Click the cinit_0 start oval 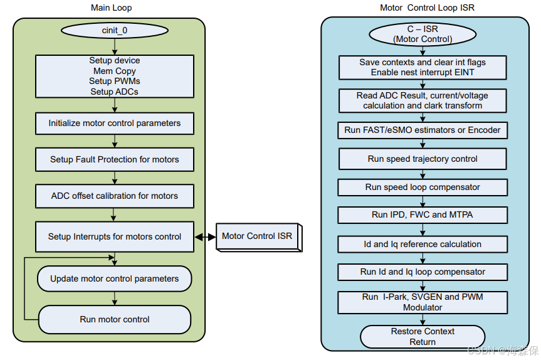coord(114,31)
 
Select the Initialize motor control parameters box coord(114,124)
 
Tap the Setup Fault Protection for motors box coord(114,160)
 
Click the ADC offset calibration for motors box coord(114,196)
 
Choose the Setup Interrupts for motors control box coord(114,237)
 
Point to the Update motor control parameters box coord(114,279)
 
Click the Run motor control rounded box coord(114,319)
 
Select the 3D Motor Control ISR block coord(258,237)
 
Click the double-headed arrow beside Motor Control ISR coord(205,237)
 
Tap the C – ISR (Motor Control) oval coord(423,34)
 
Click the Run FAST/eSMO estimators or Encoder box coord(423,130)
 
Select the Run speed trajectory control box coord(423,159)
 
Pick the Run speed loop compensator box coord(423,188)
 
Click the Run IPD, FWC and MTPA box coord(423,215)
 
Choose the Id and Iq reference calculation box coord(423,244)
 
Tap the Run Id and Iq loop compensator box coord(423,272)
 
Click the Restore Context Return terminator coord(423,337)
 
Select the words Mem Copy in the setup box coord(114,71)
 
